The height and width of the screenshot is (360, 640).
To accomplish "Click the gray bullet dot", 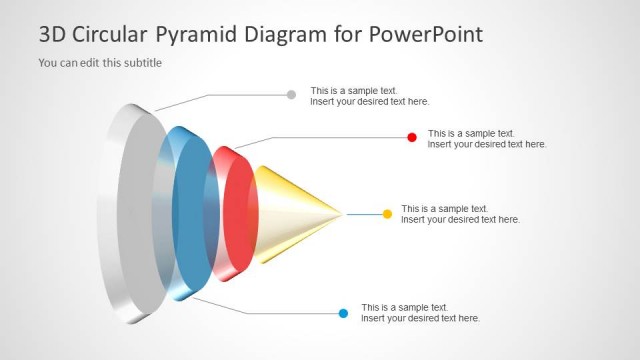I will (x=291, y=95).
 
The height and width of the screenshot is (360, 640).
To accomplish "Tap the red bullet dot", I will (x=411, y=137).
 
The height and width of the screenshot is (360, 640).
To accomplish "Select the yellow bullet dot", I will (x=387, y=214).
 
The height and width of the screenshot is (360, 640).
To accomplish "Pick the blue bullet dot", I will (x=343, y=313).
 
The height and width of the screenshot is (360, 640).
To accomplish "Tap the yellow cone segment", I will (x=290, y=214).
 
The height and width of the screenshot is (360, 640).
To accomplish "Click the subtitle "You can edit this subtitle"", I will (x=100, y=63).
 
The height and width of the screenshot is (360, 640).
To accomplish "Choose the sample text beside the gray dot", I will (x=369, y=96).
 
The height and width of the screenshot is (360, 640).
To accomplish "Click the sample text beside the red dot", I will (x=487, y=138).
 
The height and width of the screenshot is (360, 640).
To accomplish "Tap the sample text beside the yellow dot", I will (x=460, y=214).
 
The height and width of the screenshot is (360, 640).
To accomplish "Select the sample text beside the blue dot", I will (x=420, y=313).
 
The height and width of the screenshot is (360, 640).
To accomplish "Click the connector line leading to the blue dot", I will (x=280, y=313).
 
